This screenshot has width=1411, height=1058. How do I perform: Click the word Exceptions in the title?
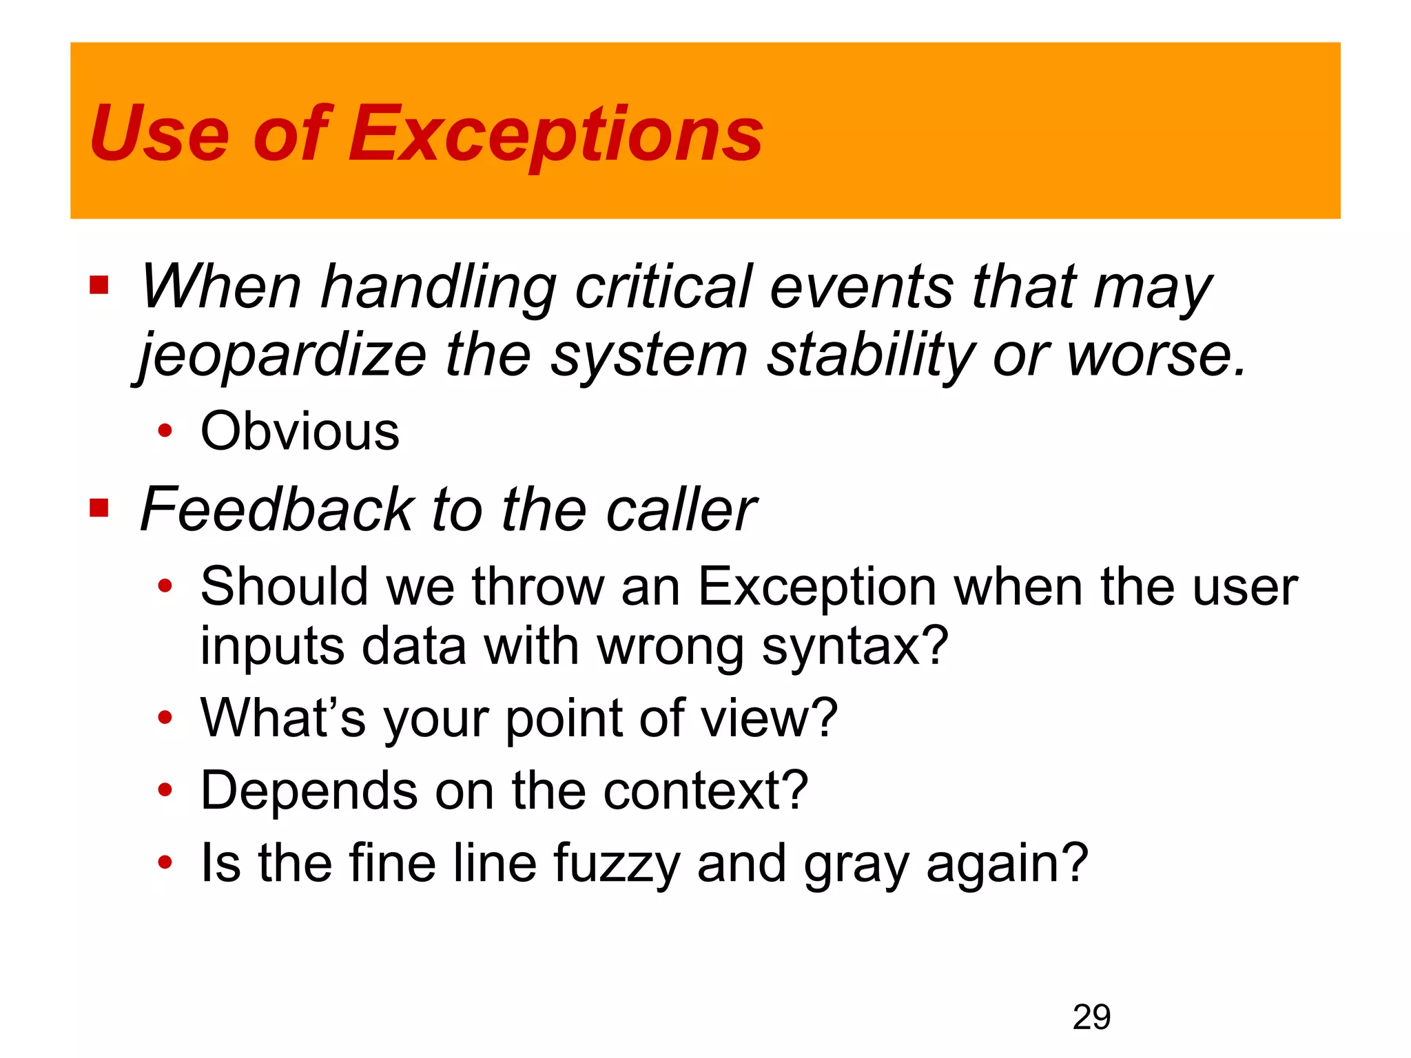point(555,134)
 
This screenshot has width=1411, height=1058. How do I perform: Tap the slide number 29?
point(1091,1017)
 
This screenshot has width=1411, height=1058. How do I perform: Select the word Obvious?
point(300,432)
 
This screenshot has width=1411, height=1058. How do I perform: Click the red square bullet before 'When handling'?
point(99,285)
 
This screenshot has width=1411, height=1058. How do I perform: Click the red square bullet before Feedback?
point(99,508)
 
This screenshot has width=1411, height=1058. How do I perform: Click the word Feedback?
point(276,510)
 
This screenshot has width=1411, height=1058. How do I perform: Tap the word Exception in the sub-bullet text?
point(816,587)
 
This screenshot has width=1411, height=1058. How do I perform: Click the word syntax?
point(855,647)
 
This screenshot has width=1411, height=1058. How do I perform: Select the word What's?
point(282,718)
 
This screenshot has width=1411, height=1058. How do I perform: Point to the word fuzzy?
point(617,864)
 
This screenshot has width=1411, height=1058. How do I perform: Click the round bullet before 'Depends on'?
point(165,790)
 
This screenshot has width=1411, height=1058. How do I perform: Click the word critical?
point(663,287)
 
